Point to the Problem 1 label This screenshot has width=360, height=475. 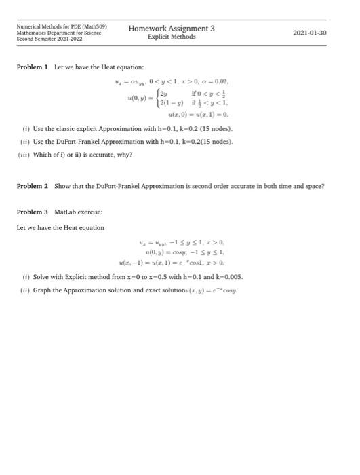click(32, 67)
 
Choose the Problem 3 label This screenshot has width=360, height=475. click(32, 212)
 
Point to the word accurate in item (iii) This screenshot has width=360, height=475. click(103, 154)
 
